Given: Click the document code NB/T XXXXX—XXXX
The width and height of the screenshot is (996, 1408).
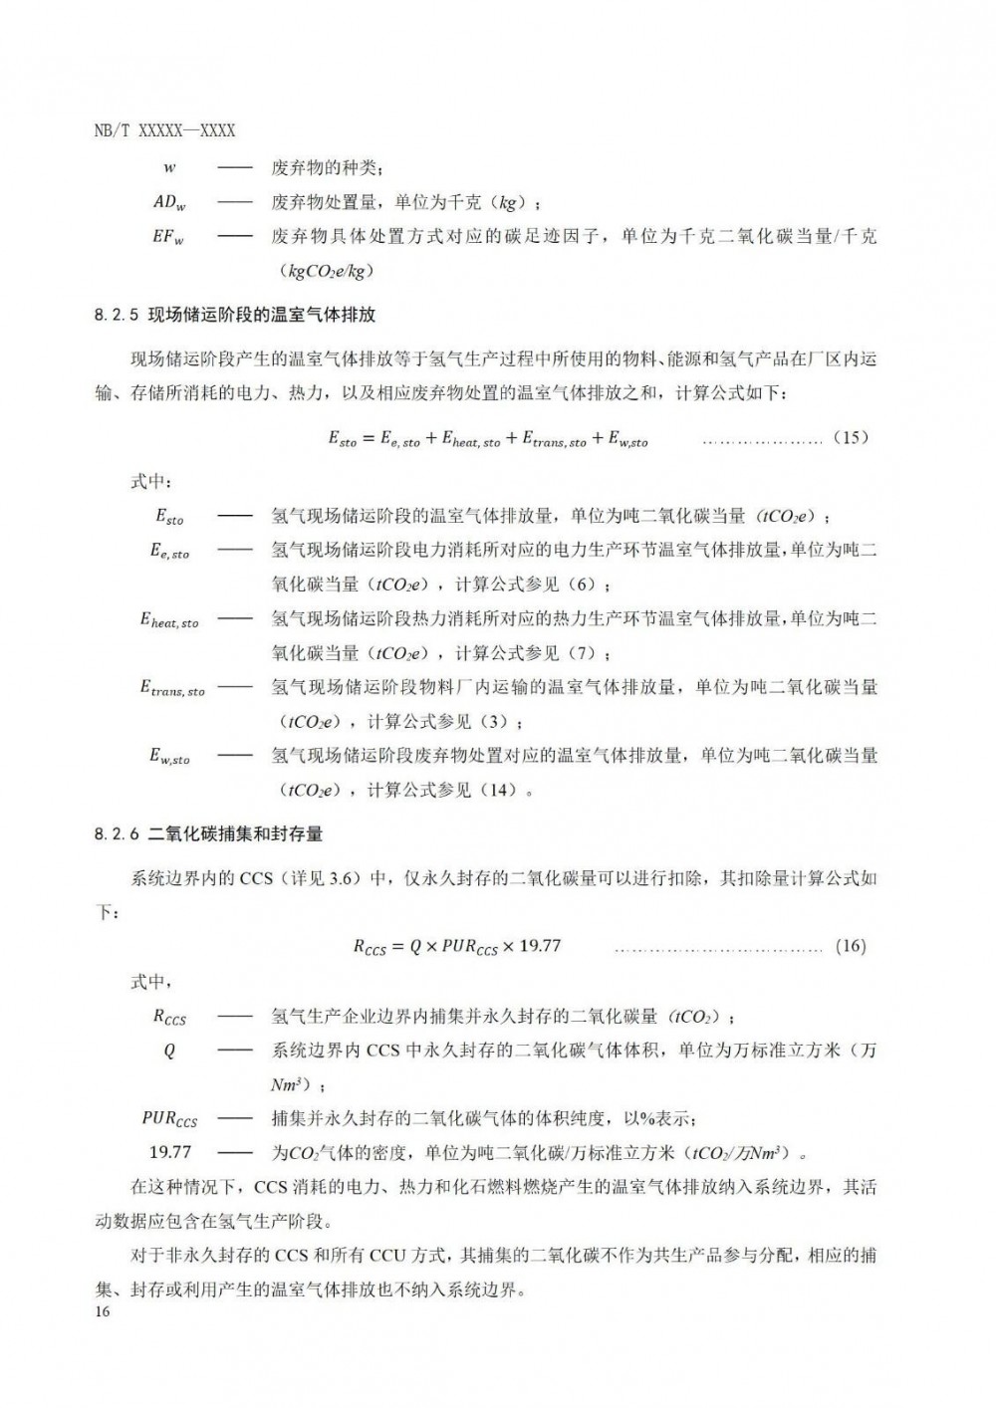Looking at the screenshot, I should (165, 131).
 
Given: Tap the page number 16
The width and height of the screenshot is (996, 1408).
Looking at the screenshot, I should (104, 1311).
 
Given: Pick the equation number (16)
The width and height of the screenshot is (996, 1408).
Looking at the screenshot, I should (850, 946).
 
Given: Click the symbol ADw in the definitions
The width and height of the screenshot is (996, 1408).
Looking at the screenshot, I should (169, 203).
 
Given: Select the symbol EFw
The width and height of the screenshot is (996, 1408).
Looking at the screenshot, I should (169, 238).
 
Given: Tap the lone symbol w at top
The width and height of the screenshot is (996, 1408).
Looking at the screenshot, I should (169, 168).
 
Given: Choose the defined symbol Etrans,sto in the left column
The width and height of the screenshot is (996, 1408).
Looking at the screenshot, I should (171, 689).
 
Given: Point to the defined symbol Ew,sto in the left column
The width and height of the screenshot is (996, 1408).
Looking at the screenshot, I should (169, 758).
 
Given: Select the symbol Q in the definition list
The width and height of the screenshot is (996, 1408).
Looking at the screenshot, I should (169, 1052).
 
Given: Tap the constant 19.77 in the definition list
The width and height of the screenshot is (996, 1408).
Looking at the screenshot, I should (169, 1153).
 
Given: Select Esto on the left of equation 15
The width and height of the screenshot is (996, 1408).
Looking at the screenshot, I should (342, 439).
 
